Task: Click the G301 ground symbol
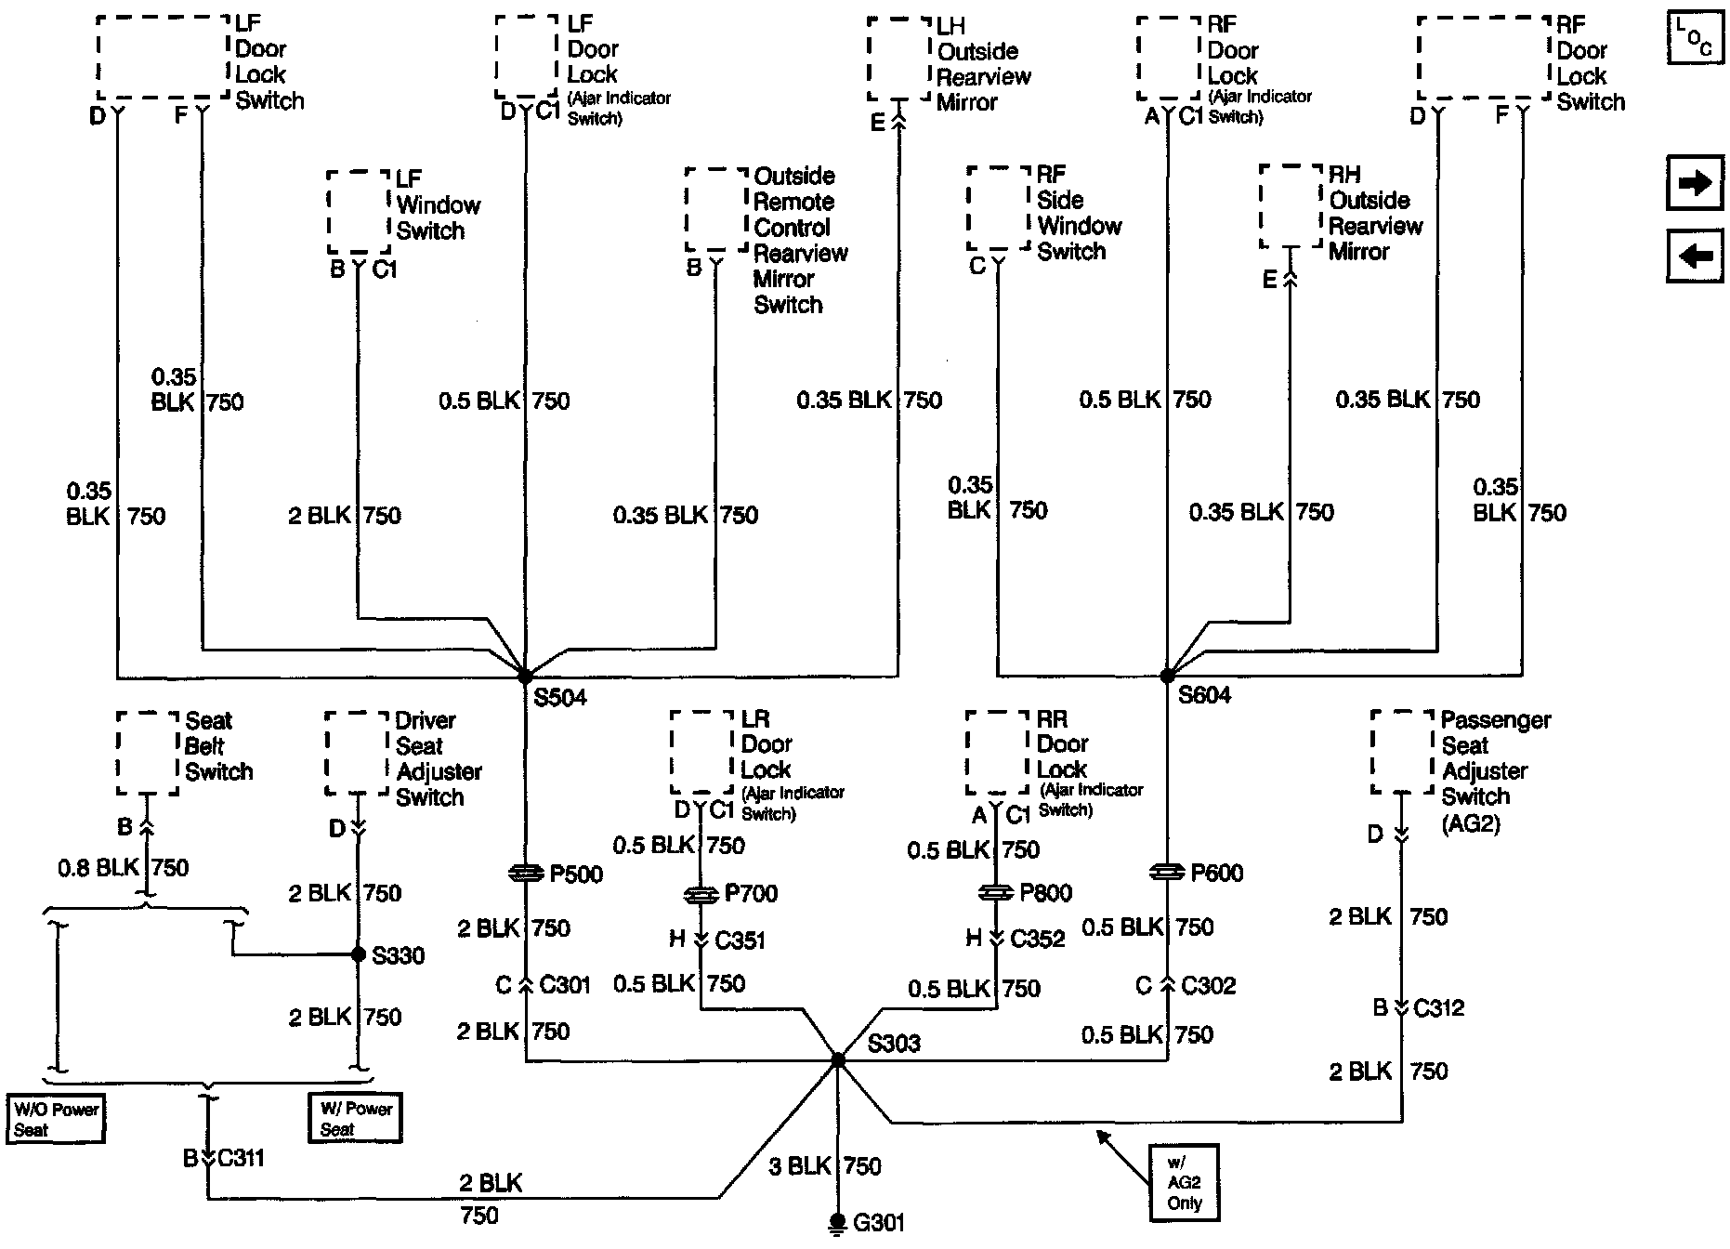[837, 1222]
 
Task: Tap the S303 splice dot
[838, 1059]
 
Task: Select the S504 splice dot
[525, 676]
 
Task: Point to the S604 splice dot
[1167, 676]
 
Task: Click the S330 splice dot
[359, 954]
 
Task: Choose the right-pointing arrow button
[1696, 183]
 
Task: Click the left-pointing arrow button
[1696, 255]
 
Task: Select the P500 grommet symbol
[526, 874]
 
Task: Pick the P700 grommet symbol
[701, 894]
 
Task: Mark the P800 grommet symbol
[996, 893]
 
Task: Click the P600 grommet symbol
[1167, 873]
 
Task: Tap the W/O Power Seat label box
[56, 1119]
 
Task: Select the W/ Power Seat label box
[356, 1118]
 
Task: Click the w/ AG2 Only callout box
[1184, 1182]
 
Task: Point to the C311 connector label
[240, 1158]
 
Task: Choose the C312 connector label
[1438, 1007]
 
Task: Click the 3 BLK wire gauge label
[799, 1166]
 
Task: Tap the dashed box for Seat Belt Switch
[148, 753]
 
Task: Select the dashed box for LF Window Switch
[359, 211]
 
